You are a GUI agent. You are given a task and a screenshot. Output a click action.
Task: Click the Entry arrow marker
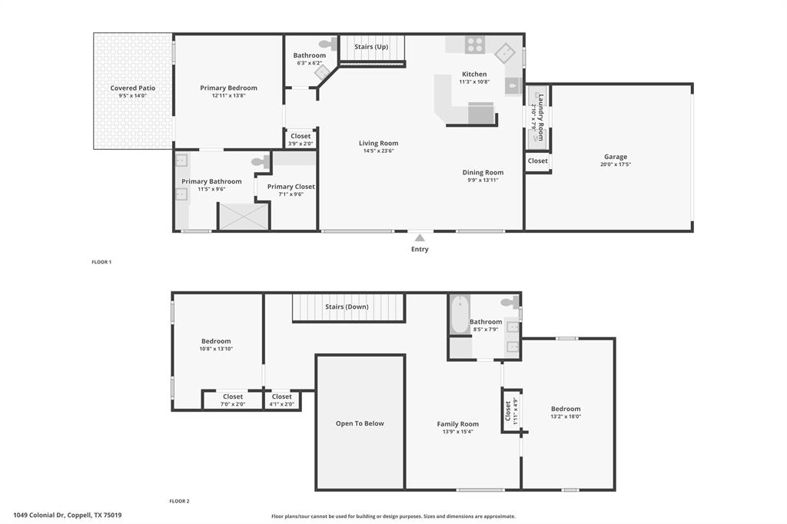click(420, 237)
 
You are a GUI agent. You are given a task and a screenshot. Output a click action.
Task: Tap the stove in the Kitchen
click(474, 45)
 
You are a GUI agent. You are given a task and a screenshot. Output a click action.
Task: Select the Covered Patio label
click(132, 88)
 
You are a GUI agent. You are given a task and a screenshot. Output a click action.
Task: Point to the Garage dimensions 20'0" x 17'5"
click(615, 164)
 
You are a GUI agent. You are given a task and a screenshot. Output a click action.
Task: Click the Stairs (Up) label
click(371, 47)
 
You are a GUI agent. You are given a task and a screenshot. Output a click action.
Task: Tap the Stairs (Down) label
click(347, 307)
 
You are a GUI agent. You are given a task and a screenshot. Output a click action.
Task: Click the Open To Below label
click(360, 423)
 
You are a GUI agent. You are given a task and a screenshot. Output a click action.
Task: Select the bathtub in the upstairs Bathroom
click(460, 315)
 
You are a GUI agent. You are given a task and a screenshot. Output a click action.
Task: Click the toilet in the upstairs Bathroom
click(510, 303)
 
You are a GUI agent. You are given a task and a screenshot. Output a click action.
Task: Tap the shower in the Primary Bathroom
click(244, 216)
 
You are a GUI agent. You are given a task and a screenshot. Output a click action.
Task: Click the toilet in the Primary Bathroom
click(261, 161)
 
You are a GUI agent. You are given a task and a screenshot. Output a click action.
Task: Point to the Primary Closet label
click(291, 187)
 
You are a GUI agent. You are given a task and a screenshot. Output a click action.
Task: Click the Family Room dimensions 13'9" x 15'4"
click(457, 432)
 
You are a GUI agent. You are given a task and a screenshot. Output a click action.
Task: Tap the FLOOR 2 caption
click(179, 501)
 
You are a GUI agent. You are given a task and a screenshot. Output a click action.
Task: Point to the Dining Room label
click(483, 173)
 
